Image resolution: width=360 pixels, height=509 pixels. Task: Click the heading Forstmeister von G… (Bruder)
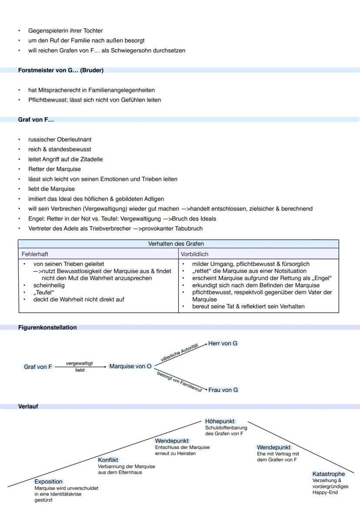[x=60, y=70]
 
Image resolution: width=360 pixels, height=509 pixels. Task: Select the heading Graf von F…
[x=36, y=120]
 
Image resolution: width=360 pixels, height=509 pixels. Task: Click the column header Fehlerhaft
[x=35, y=254]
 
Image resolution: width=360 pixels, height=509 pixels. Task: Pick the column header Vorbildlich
[x=195, y=254]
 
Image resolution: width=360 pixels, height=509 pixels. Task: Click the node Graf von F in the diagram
[x=37, y=367]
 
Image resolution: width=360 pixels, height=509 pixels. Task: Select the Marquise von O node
[x=130, y=366]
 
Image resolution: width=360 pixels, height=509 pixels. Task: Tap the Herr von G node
[x=223, y=343]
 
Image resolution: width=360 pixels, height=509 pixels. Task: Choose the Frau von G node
[x=223, y=390]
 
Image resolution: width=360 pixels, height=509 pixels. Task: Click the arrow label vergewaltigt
[x=79, y=363]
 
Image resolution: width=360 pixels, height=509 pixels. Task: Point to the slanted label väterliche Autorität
[x=179, y=353]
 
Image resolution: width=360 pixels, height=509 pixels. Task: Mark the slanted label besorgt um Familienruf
[x=180, y=381]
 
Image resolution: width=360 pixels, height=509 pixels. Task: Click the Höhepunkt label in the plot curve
[x=220, y=421]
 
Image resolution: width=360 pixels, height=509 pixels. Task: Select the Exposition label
[x=48, y=482]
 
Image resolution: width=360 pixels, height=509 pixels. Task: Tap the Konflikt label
[x=108, y=460]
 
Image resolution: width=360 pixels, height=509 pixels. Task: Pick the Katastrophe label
[x=328, y=474]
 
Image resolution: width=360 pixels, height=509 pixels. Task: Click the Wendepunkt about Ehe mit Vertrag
[x=273, y=447]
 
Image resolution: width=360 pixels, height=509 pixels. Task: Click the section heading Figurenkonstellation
[x=47, y=328]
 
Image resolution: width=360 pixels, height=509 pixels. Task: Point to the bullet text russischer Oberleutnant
[x=60, y=140]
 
